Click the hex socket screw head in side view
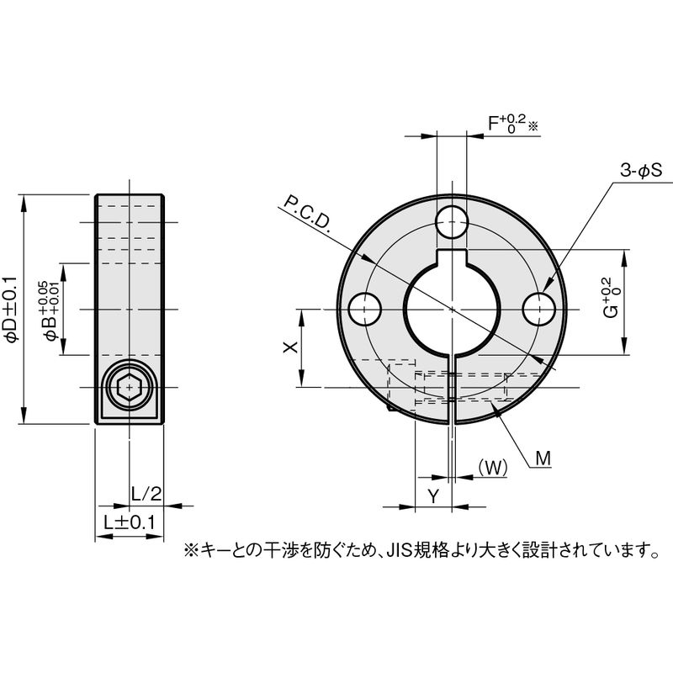click(130, 387)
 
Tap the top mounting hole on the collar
click(452, 222)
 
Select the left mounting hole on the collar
click(365, 309)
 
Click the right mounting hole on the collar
click(539, 309)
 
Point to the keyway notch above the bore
click(452, 257)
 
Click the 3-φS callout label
click(641, 171)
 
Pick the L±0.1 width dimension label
click(130, 522)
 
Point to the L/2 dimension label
click(146, 494)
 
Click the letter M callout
click(543, 458)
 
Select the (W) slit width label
click(493, 467)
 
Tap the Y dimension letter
click(434, 496)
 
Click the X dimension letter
click(291, 347)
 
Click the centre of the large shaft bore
click(452, 309)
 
